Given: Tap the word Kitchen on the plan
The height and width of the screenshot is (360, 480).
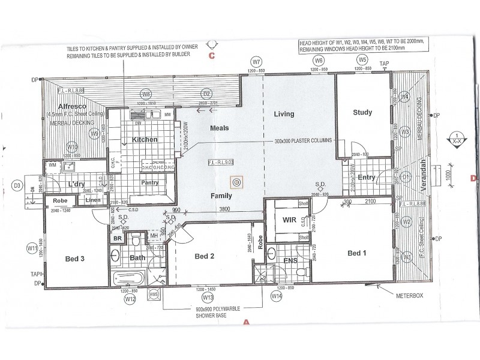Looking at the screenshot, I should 145,139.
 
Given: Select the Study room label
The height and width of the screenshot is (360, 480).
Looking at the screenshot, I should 362,112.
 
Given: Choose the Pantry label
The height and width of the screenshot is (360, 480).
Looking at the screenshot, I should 149,182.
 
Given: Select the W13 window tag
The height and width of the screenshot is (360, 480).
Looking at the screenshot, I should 208,298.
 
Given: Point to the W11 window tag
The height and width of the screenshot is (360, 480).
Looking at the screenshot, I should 32,247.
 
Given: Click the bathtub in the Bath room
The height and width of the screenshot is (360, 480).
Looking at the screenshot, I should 128,278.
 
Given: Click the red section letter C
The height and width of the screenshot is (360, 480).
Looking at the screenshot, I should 211,56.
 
